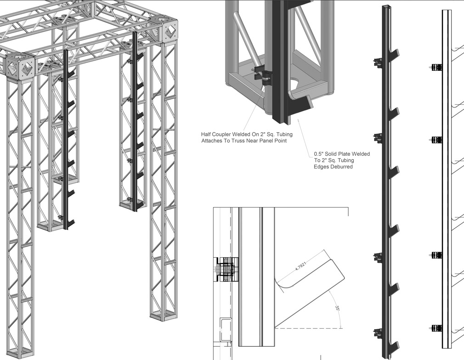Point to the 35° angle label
(337, 309)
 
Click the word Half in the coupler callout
(208, 134)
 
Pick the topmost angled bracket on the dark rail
(393, 58)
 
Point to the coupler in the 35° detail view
(226, 269)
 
